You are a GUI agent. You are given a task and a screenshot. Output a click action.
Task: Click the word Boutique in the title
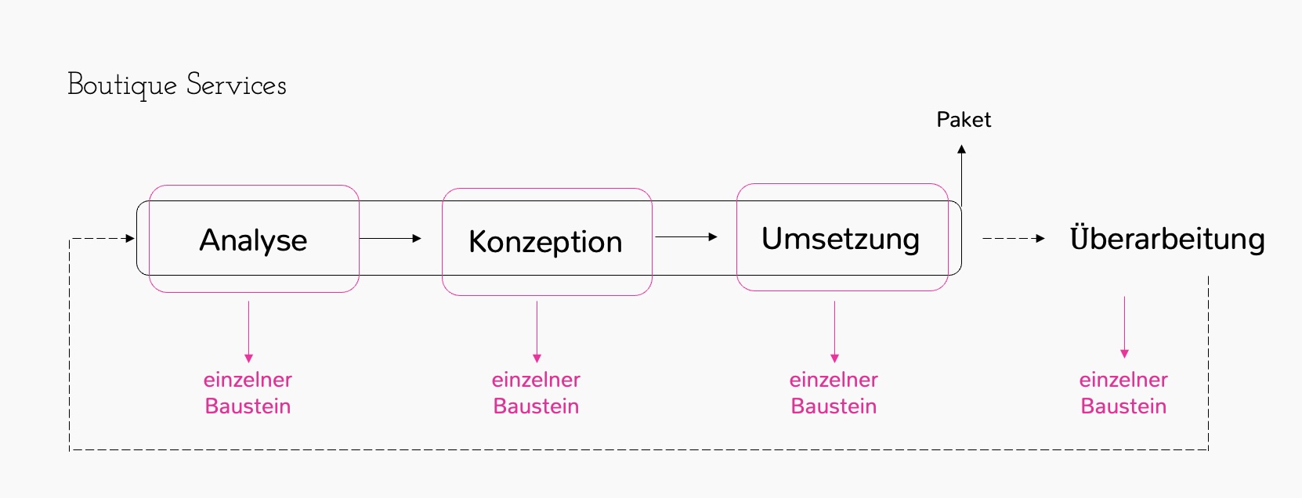click(x=122, y=85)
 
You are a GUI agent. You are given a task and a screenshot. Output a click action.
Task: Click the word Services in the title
click(x=237, y=85)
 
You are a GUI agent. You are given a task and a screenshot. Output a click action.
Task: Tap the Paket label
click(x=964, y=120)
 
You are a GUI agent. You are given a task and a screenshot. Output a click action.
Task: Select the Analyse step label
click(x=253, y=240)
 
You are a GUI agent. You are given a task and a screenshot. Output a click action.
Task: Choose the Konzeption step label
click(x=545, y=242)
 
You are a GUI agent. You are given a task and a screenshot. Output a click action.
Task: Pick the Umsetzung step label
click(x=841, y=239)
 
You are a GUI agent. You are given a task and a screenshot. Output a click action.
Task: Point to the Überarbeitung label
click(x=1167, y=239)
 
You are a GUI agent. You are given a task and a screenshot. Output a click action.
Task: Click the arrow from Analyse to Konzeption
click(x=390, y=238)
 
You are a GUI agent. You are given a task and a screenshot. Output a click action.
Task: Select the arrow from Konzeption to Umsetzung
click(x=686, y=236)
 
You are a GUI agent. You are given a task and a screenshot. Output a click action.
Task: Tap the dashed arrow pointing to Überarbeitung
click(x=1013, y=238)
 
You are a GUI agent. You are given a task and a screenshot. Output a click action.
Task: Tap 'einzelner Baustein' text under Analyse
click(x=248, y=393)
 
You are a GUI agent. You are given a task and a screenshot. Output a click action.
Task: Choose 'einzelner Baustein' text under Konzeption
click(x=536, y=393)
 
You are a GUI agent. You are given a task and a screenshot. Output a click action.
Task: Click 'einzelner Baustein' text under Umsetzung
click(x=834, y=393)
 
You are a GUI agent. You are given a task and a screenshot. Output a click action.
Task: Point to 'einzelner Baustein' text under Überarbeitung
click(x=1123, y=393)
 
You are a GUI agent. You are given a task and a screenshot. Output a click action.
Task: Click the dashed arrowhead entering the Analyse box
click(x=130, y=238)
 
